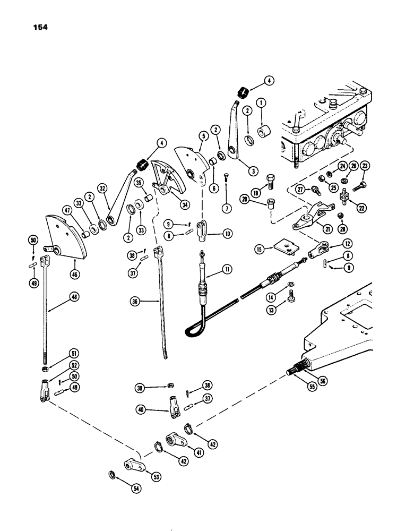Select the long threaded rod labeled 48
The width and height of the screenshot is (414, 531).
click(x=43, y=319)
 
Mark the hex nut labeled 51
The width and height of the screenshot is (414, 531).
click(x=42, y=370)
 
